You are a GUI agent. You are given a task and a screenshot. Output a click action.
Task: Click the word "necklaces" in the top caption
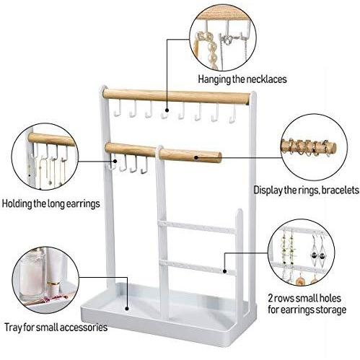coord(265,79)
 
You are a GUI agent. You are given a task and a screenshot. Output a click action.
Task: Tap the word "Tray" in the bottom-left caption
coord(12,328)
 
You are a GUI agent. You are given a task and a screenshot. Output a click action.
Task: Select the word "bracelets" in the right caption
coord(340,190)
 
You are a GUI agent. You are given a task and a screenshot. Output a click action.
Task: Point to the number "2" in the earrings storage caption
coord(271,299)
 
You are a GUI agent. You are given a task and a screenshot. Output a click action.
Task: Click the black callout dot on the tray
coord(127,308)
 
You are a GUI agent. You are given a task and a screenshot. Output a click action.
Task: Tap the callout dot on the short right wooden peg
coord(196,158)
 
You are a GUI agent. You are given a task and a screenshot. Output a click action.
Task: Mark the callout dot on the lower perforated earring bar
coord(224,271)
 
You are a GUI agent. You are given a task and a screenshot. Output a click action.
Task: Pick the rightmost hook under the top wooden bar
coord(232,113)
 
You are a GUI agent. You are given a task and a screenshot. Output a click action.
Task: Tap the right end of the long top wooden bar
coord(247,99)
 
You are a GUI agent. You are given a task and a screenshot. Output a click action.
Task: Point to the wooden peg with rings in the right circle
coord(309,147)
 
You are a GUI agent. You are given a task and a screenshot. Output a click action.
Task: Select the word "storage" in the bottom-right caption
coord(330,309)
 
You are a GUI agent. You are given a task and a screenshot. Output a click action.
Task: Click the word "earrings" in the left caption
coord(82,204)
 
